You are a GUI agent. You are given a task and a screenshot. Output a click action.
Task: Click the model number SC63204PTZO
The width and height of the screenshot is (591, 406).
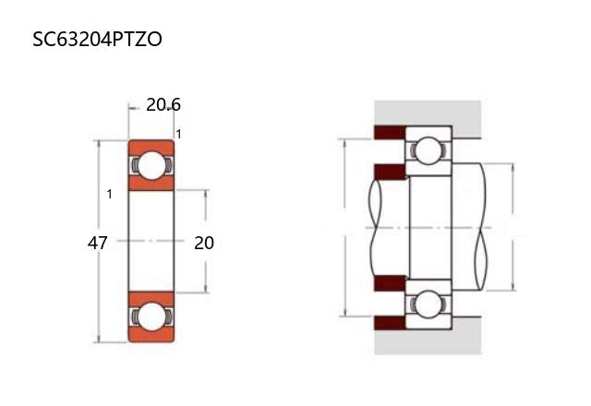[x=97, y=39]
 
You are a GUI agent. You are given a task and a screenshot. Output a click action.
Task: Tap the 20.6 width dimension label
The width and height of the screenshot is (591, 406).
[x=163, y=104]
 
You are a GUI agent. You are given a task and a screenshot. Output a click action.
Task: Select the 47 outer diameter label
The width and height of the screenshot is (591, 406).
[x=97, y=243]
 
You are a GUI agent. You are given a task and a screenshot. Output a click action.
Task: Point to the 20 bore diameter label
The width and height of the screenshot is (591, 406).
[x=204, y=243]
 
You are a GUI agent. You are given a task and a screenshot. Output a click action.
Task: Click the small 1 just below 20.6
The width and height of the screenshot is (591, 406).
[x=178, y=134]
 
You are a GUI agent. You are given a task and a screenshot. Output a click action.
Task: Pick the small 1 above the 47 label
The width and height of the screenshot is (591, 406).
[x=109, y=194]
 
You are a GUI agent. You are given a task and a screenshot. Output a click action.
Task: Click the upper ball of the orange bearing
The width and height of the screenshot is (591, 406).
[x=151, y=165]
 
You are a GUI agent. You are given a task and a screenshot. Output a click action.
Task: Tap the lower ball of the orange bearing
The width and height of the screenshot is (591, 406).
[x=151, y=316]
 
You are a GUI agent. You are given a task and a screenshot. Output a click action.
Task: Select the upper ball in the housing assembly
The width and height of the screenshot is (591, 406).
[x=428, y=150]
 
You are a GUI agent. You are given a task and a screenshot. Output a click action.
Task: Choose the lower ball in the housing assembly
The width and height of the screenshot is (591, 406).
[x=428, y=304]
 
